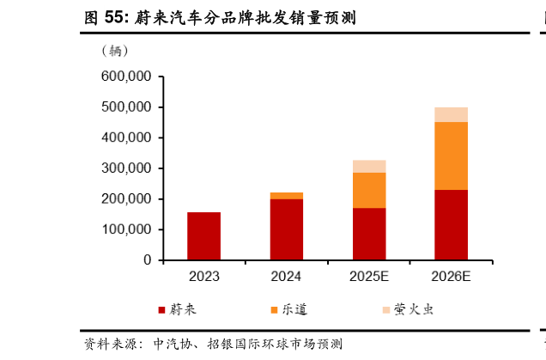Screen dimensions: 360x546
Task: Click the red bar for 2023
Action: click(x=203, y=235)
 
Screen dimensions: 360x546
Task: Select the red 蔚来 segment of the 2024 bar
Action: click(x=286, y=229)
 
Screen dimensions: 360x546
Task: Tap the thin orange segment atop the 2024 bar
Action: click(x=286, y=196)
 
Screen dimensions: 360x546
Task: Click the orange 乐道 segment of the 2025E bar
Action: click(x=368, y=190)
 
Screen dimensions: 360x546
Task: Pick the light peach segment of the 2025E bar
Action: click(x=368, y=166)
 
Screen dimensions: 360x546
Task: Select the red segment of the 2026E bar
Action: click(x=451, y=224)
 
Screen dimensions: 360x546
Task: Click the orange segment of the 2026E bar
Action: click(x=451, y=156)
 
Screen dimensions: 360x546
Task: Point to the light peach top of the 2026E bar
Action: click(x=451, y=114)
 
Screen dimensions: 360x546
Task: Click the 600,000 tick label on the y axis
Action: click(x=126, y=76)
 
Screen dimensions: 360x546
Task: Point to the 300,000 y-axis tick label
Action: click(x=126, y=168)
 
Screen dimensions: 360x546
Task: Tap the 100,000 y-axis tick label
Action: click(x=126, y=229)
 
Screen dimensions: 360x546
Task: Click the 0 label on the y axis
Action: click(x=148, y=260)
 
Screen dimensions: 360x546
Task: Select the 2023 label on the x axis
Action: click(x=203, y=277)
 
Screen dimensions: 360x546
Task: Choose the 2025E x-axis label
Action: click(x=368, y=277)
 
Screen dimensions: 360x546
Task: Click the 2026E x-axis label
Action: click(x=451, y=277)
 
